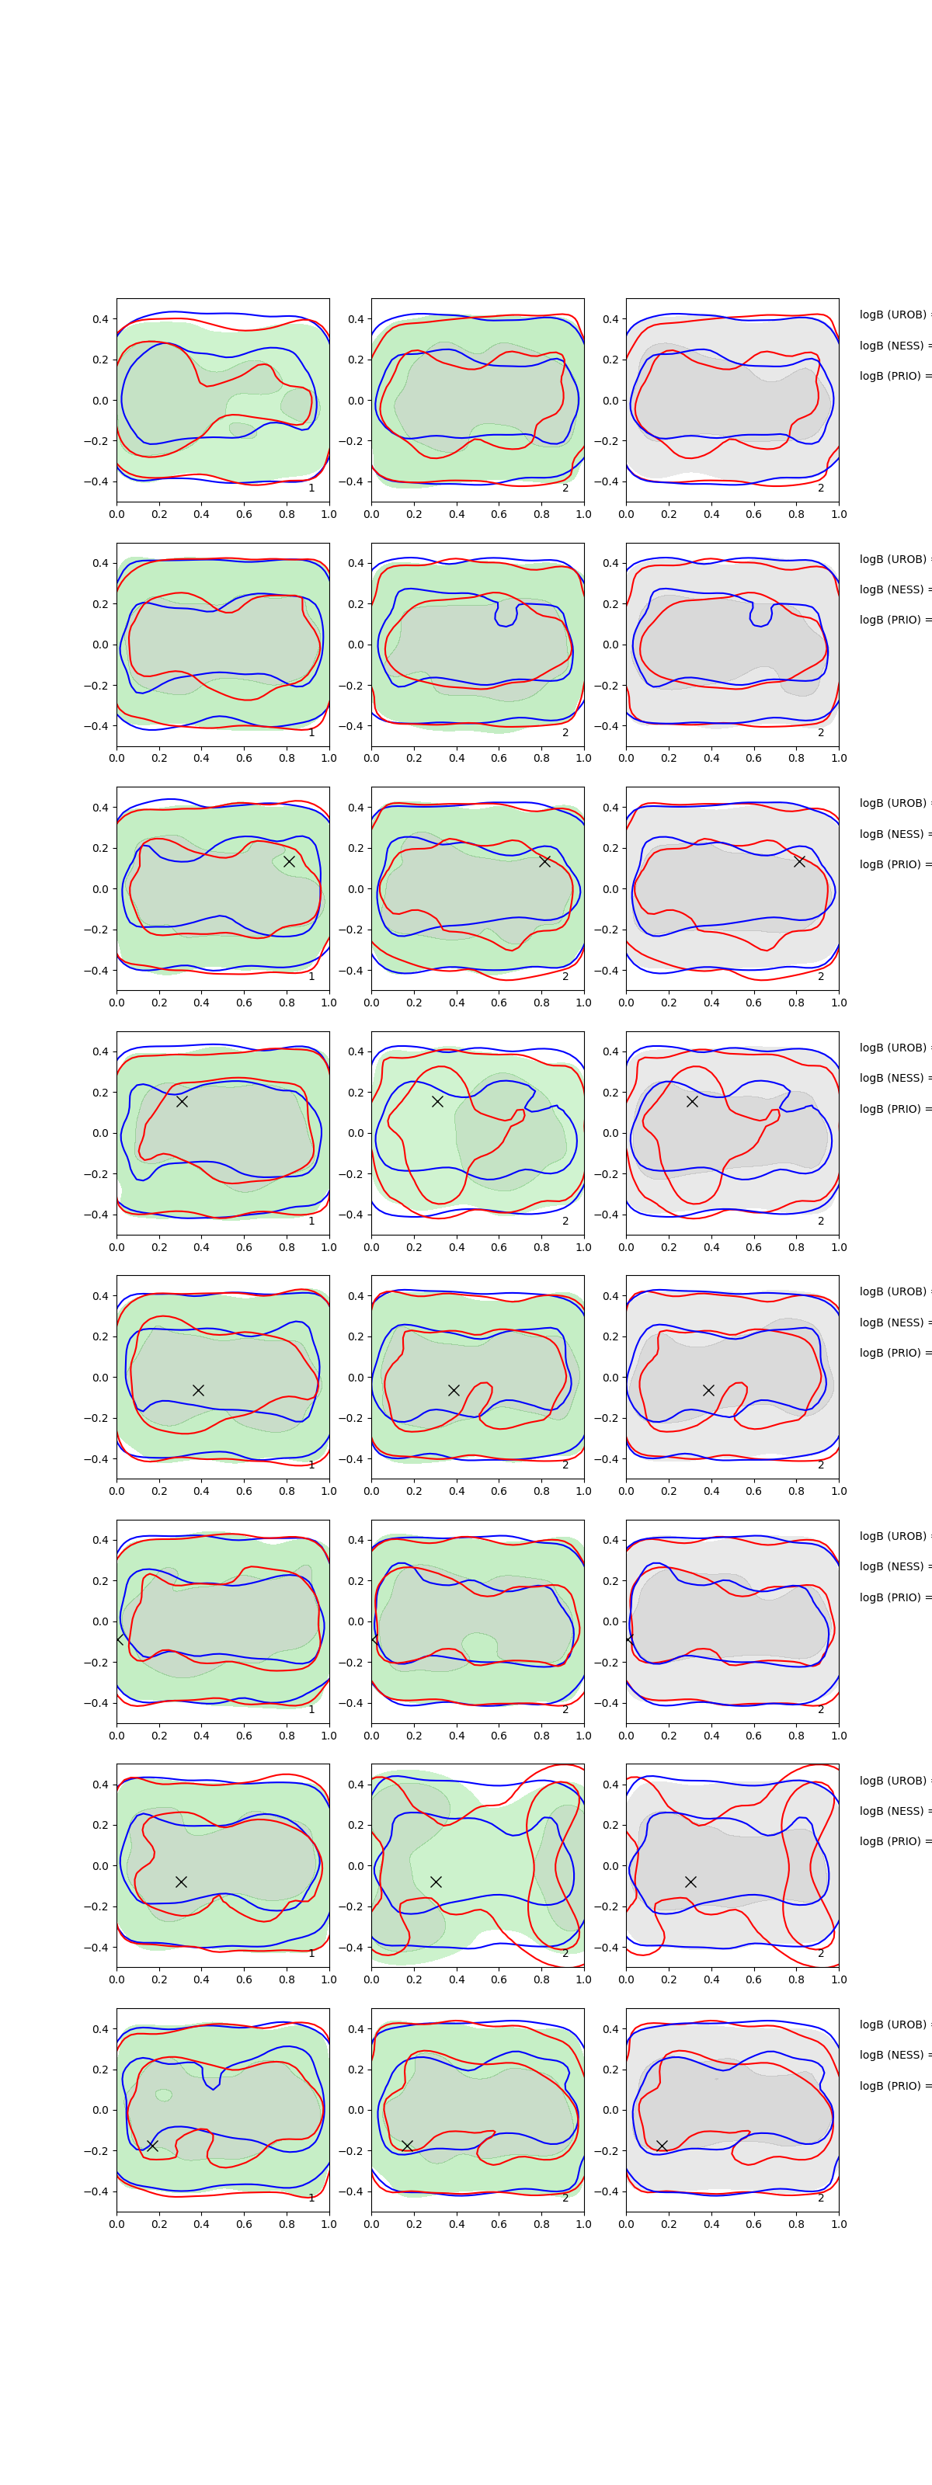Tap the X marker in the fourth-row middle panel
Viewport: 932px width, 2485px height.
tap(437, 1100)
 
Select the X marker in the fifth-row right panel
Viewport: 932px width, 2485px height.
tap(708, 1390)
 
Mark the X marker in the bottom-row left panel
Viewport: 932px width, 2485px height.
tap(152, 2146)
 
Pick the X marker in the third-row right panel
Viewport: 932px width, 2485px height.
tap(799, 861)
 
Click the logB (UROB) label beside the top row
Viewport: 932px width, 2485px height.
tap(893, 315)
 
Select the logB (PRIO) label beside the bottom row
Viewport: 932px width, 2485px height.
tap(893, 2086)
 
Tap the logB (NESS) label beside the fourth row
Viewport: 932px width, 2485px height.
tap(893, 1078)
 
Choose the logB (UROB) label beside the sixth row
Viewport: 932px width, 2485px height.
tap(893, 1536)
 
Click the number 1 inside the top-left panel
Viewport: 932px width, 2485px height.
tap(311, 488)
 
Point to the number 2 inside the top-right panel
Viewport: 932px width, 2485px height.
tap(821, 488)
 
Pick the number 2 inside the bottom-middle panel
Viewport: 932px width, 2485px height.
tap(565, 2198)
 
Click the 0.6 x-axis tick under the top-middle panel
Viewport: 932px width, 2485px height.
tap(499, 514)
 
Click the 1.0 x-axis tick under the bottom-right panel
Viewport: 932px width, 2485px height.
tap(839, 2223)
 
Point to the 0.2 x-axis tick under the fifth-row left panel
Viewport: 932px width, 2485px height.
tap(159, 1490)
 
